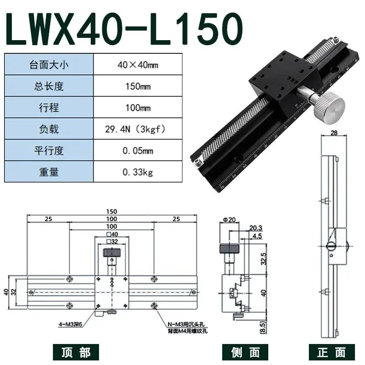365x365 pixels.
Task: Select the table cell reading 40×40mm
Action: pos(137,65)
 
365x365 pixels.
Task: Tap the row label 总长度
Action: pos(48,86)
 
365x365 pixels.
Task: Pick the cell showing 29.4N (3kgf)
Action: pos(137,130)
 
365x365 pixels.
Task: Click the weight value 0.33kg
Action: pos(137,172)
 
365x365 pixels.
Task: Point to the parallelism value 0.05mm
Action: pos(137,151)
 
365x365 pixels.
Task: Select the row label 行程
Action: pos(48,108)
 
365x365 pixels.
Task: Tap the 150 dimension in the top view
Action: pos(112,211)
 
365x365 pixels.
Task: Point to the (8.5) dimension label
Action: pos(262,326)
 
